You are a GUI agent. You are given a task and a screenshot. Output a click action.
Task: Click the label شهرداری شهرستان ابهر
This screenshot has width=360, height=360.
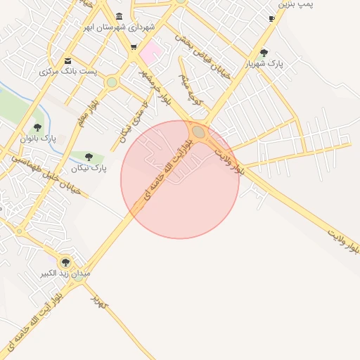118,27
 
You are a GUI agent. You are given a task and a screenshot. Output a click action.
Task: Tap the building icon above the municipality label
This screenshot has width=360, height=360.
118,16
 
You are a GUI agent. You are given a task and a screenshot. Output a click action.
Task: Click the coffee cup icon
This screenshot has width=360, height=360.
271,19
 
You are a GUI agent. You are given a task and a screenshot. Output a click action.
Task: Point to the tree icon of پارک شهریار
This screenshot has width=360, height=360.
264,53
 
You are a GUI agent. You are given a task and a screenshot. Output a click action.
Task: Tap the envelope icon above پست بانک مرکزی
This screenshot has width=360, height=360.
67,60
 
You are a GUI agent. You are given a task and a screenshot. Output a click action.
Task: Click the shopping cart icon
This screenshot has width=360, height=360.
134,48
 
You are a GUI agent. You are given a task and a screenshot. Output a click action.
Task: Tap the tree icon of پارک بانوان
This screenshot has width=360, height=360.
37,127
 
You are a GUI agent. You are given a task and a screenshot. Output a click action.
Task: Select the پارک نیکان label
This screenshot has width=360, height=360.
89,169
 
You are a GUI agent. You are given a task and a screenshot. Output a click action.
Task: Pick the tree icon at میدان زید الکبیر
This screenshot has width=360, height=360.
65,262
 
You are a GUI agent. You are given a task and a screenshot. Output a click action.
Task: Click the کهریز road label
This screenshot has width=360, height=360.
98,302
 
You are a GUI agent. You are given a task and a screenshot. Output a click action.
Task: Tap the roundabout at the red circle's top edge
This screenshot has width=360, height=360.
199,131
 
